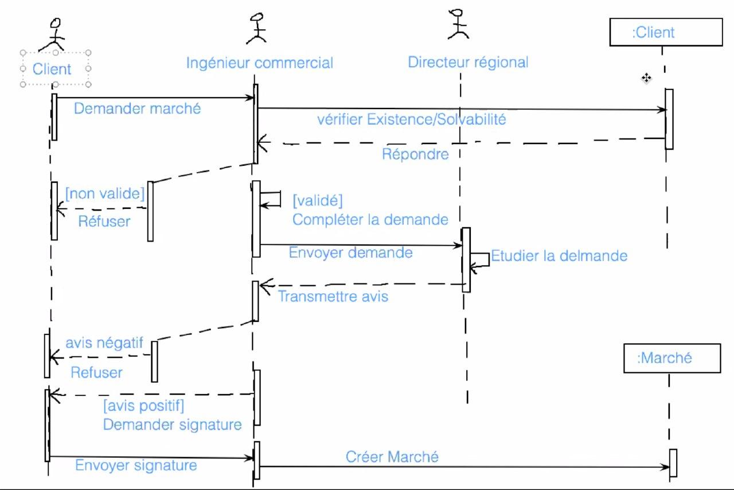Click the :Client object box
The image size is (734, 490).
[x=665, y=32]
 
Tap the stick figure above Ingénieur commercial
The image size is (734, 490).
[x=256, y=29]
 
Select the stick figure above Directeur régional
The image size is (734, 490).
[x=458, y=24]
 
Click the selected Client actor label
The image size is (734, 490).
[x=52, y=69]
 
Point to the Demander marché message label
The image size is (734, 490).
[x=137, y=108]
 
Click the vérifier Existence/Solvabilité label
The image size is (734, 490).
[x=412, y=120]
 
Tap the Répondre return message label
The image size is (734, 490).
[x=415, y=154]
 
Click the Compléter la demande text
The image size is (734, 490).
[x=370, y=219]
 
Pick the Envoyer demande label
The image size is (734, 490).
[x=350, y=252]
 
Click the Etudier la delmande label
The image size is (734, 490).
[x=559, y=255]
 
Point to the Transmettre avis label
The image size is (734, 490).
[x=333, y=297]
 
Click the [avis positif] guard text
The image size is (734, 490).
[x=143, y=406]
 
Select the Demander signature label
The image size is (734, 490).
[x=172, y=425]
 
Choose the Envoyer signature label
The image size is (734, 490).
[x=136, y=465]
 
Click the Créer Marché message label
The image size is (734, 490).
[x=392, y=457]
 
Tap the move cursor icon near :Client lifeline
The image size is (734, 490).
[x=646, y=78]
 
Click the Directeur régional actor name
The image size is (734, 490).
[x=468, y=62]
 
